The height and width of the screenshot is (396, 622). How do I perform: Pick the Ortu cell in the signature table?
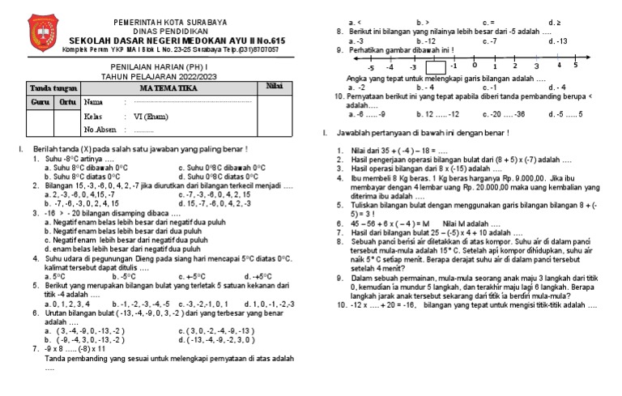pos(67,102)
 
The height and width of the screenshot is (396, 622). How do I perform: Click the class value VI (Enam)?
pos(150,117)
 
